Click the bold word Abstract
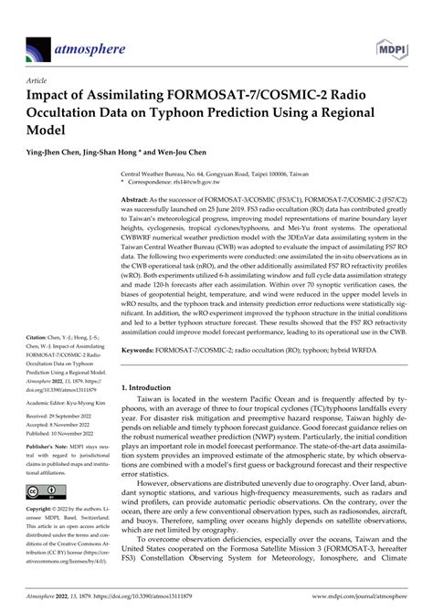[x=138, y=198]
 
